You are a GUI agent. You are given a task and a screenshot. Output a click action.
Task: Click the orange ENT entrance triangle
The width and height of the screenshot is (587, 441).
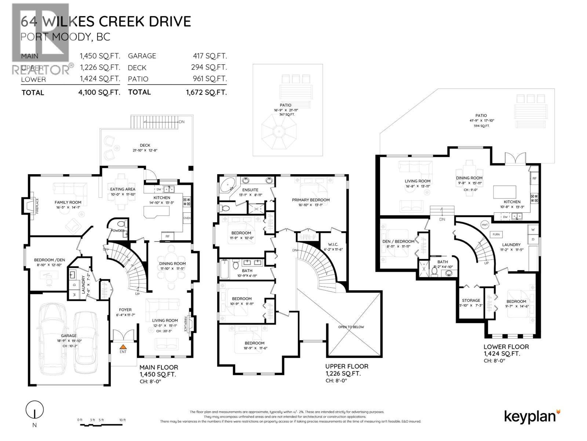tap(124, 346)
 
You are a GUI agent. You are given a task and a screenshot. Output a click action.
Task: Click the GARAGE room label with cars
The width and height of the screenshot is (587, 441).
tap(69, 336)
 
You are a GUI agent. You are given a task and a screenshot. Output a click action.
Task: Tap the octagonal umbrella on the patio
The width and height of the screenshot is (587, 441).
tap(278, 131)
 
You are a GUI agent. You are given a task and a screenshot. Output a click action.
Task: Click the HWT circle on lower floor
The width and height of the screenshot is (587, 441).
tap(485, 225)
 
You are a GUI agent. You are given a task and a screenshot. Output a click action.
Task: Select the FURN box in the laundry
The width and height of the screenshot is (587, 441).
tap(496, 234)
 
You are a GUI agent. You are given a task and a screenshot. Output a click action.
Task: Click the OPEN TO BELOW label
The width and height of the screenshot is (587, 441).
tap(351, 327)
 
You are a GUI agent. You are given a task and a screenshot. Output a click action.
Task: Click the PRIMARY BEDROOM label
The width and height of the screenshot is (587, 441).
tap(310, 200)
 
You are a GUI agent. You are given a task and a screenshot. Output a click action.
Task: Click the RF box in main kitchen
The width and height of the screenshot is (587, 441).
tap(167, 236)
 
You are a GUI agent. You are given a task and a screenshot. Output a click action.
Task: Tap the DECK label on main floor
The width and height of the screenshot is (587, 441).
tap(145, 145)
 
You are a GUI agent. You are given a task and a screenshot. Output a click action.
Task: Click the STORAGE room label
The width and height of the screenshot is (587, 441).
tap(471, 300)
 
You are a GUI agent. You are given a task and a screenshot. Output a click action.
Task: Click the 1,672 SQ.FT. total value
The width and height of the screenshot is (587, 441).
tap(206, 92)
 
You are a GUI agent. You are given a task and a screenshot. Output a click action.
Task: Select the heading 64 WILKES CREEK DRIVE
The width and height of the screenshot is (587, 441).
tap(106, 21)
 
